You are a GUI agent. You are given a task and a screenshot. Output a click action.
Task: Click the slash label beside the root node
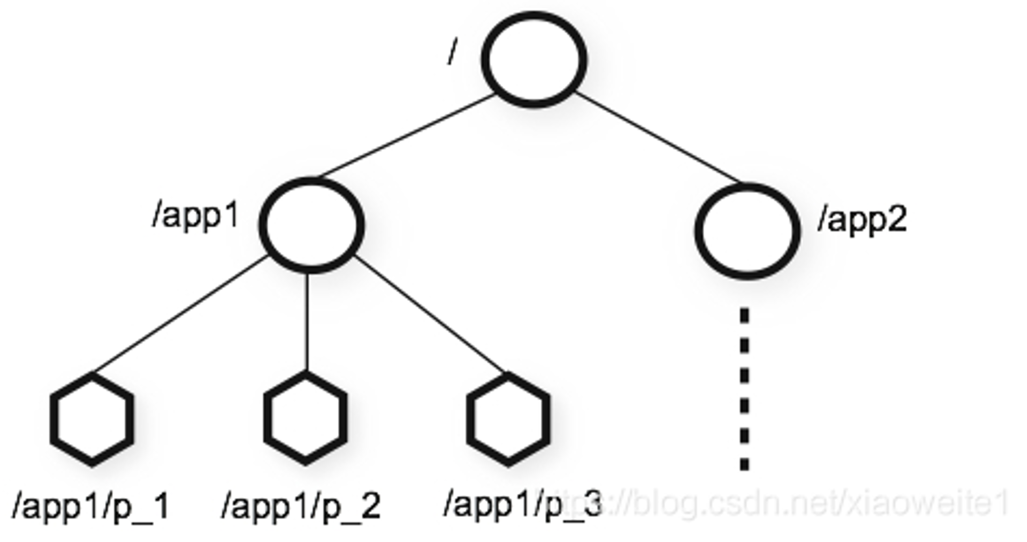pos(452,52)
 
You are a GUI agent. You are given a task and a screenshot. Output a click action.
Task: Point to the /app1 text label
pos(196,216)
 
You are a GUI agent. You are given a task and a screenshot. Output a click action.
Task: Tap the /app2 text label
pos(863,220)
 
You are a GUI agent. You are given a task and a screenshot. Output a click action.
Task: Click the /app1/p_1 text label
pos(91,506)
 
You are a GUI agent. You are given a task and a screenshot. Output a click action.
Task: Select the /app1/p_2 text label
pos(301,506)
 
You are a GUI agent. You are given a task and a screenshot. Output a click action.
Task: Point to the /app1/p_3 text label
pos(522,504)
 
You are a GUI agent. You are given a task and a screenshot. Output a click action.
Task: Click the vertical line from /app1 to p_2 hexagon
pos(307,322)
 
